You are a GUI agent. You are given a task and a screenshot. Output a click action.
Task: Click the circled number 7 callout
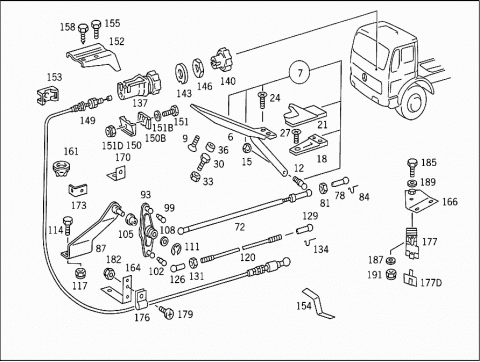pos(300,72)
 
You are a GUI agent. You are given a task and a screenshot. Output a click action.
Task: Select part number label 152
pos(117,41)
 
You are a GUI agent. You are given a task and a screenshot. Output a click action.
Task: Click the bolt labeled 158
pos(83,33)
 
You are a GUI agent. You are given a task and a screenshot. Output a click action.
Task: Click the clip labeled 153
pos(48,95)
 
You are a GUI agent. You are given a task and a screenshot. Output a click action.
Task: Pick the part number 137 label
pos(140,103)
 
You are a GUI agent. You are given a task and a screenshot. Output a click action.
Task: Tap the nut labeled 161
pos(62,169)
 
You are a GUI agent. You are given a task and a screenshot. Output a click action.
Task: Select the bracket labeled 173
pos(78,190)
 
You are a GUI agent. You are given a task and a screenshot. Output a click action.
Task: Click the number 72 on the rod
pos(240,227)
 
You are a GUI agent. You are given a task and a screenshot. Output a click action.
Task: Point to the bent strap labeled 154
pos(318,303)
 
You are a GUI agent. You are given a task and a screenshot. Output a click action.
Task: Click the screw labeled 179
pos(166,312)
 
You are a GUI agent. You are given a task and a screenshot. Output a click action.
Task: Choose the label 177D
pos(431,283)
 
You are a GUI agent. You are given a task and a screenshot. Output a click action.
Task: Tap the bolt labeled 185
pos(412,167)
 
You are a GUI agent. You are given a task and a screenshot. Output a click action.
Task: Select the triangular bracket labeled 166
pos(420,200)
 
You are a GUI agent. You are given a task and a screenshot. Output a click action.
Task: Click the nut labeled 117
pos(80,273)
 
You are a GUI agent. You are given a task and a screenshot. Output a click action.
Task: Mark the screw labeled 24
pos(262,100)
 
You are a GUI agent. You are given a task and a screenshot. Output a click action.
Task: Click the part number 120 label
pos(248,257)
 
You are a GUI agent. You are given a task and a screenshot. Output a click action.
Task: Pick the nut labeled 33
pos(195,176)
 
